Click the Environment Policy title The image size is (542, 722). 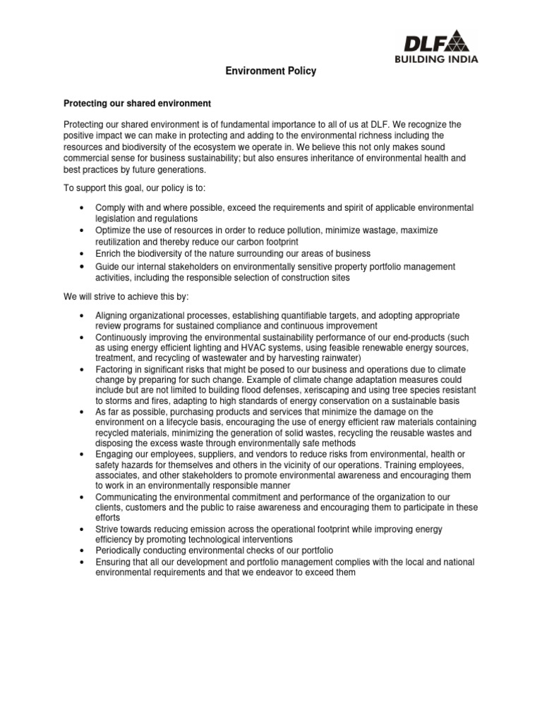tap(271, 71)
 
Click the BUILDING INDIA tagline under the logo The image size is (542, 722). tap(436, 59)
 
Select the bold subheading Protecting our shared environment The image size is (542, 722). tap(137, 104)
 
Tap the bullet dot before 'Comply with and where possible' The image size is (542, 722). tap(83, 208)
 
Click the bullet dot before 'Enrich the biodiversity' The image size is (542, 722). tap(83, 253)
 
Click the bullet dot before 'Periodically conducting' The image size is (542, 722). tap(83, 549)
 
